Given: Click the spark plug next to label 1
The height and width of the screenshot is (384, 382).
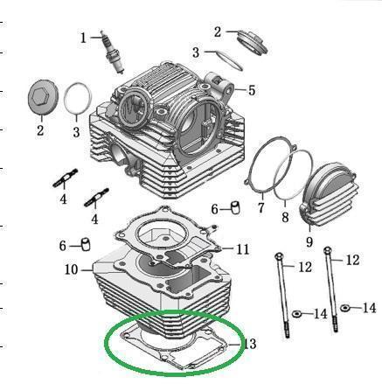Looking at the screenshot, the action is click(x=112, y=52).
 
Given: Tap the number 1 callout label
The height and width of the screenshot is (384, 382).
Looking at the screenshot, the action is click(x=83, y=38).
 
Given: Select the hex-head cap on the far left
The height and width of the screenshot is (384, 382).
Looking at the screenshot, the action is click(x=43, y=97).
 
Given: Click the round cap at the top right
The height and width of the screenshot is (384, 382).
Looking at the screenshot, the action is click(x=253, y=42).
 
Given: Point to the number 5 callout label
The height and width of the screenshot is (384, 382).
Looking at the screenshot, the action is click(x=252, y=90).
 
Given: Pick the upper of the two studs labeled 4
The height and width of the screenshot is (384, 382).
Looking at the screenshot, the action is click(x=66, y=178).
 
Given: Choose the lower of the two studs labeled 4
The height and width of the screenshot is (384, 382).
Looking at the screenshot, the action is click(x=96, y=198).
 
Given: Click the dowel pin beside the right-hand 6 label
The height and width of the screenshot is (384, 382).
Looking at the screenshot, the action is click(x=235, y=207).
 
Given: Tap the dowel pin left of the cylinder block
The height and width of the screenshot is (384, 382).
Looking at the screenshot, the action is click(x=86, y=244).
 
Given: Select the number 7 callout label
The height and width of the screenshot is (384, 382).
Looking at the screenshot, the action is click(x=260, y=208).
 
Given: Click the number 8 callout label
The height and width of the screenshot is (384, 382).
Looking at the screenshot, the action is click(x=285, y=218).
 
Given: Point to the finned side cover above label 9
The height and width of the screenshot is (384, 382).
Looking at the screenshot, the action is click(x=329, y=193).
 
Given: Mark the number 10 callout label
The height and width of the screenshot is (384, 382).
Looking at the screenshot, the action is click(x=72, y=269).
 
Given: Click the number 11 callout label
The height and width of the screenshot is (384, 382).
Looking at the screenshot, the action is click(x=243, y=249).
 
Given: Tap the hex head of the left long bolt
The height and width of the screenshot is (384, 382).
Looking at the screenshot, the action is click(x=278, y=256).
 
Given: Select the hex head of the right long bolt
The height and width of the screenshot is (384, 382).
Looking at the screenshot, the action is click(x=328, y=250).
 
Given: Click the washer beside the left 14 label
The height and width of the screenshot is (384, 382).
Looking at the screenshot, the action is click(x=296, y=314).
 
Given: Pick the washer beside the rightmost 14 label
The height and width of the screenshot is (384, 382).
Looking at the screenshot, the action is click(x=345, y=308).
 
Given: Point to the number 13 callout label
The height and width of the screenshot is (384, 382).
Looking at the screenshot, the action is click(x=250, y=344).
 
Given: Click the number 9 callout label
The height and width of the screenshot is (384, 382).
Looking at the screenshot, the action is click(x=309, y=241).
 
